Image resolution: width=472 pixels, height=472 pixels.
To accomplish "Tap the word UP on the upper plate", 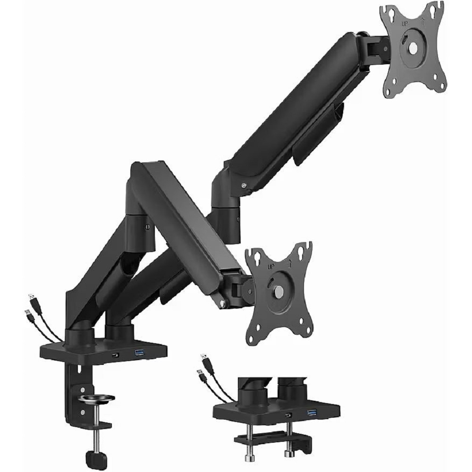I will [x=405, y=23].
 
